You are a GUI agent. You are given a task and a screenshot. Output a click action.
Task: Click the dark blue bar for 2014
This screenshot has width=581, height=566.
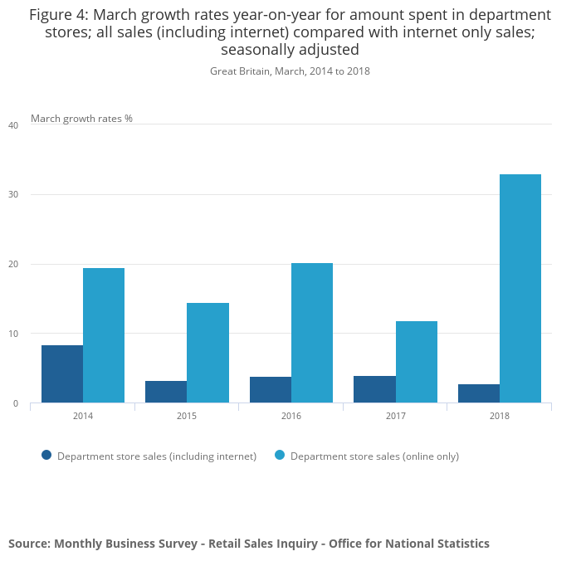(62, 374)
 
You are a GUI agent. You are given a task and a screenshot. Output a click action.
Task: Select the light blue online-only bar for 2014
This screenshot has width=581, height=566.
(104, 335)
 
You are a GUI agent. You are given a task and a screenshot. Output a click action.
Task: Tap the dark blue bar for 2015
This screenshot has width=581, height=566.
(166, 392)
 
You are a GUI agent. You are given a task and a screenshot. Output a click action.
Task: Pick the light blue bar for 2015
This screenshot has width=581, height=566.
(207, 353)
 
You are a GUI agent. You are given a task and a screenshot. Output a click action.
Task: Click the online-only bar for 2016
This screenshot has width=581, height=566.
(312, 333)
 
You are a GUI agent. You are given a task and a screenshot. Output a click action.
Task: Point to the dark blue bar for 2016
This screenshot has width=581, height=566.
(271, 390)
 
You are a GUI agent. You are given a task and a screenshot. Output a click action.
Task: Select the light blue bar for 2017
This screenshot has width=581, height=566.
(417, 362)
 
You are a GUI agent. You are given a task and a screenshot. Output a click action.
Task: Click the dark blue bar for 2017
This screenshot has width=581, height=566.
(375, 389)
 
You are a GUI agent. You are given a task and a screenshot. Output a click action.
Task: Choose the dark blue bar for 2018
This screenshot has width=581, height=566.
(479, 393)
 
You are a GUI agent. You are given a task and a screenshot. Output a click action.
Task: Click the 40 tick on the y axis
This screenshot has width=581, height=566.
(12, 125)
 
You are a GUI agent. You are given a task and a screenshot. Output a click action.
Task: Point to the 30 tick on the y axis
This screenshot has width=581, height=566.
(12, 195)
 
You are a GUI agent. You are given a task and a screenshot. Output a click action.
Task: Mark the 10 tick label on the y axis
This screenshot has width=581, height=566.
(12, 334)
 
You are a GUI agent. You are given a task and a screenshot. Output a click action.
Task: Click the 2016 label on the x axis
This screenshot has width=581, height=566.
(291, 415)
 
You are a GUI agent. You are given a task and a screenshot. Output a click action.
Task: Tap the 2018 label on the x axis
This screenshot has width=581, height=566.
(500, 415)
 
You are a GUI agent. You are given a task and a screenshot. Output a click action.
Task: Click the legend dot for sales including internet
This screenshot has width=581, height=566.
(46, 455)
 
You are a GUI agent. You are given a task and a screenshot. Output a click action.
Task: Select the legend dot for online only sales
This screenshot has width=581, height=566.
(280, 455)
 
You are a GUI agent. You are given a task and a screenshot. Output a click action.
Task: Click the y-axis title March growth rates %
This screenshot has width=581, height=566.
(81, 119)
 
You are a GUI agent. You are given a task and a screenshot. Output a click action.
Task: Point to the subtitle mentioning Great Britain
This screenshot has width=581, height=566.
(290, 71)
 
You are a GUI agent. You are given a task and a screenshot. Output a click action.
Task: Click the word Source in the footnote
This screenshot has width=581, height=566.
(29, 544)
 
